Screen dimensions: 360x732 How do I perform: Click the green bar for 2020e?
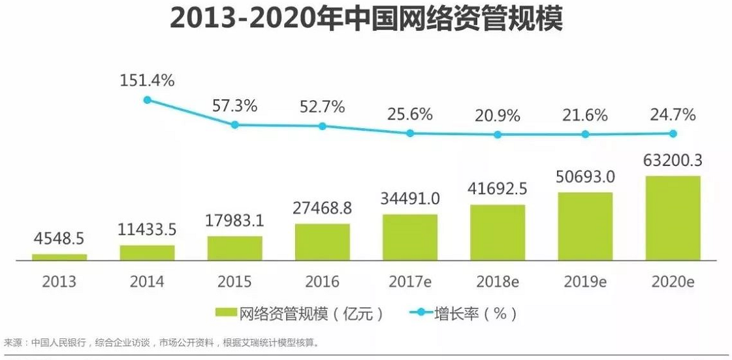[x=673, y=218]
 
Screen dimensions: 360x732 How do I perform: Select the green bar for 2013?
[x=59, y=257]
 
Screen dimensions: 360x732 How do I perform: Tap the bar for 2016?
[x=322, y=242]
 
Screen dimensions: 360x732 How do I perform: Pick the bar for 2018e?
[x=498, y=233]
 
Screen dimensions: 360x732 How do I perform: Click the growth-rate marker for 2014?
[x=147, y=100]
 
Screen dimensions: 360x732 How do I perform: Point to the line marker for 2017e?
[x=410, y=133]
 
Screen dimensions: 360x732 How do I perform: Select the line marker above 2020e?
[x=673, y=133]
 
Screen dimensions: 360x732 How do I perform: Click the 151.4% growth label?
[x=147, y=80]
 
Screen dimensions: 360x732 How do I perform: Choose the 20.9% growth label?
[x=498, y=116]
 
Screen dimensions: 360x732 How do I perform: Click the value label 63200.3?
[x=673, y=161]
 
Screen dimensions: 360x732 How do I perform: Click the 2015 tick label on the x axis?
[x=234, y=282]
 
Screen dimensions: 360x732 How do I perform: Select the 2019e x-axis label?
[x=585, y=282]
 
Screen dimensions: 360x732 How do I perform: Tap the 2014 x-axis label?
[x=147, y=282]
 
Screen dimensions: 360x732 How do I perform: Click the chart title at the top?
[x=366, y=20]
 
